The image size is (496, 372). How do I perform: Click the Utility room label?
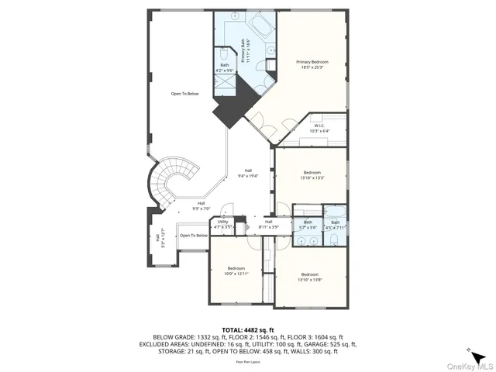coord(222,224)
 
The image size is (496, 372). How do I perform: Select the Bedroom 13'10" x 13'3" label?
coord(312,174)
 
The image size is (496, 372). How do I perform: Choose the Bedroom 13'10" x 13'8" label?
coord(310,276)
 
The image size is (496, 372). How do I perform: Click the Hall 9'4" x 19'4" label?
coord(248,173)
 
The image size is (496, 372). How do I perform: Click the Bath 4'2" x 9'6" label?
coord(224,67)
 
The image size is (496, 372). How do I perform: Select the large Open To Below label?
coord(184,94)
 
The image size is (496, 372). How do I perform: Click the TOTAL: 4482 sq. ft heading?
coord(247,329)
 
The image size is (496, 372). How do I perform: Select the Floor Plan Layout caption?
coord(247,361)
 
